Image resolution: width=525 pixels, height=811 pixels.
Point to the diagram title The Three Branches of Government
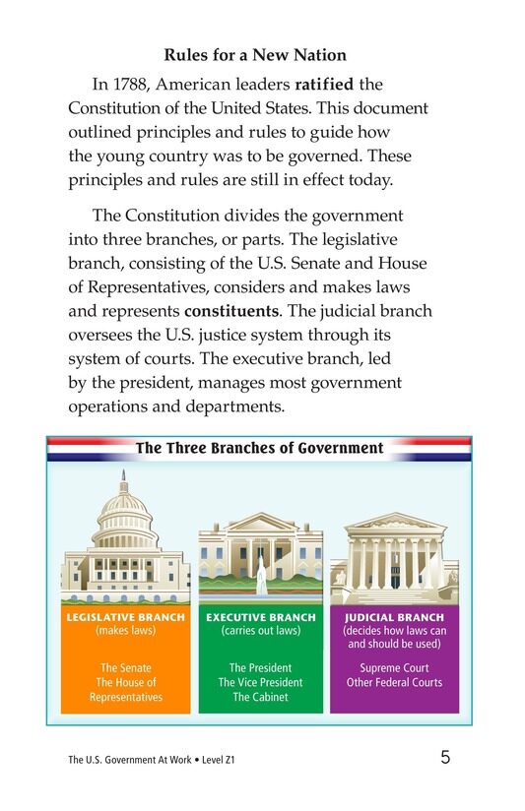coord(259,448)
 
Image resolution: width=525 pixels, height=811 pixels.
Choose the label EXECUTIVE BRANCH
coord(261,618)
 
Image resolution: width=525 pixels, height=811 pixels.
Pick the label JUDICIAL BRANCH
coord(394,618)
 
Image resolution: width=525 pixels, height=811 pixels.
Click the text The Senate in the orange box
coord(125,667)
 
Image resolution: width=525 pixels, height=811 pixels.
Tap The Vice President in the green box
coord(261,682)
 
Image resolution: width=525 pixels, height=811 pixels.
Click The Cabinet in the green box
coord(261,697)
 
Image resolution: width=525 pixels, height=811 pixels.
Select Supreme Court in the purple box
coord(394,667)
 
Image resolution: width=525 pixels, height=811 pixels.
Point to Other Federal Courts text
coord(394,682)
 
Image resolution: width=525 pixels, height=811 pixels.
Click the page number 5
coord(445,758)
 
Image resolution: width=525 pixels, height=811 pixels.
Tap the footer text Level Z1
coord(217,760)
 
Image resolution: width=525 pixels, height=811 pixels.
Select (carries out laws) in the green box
coord(261,631)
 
